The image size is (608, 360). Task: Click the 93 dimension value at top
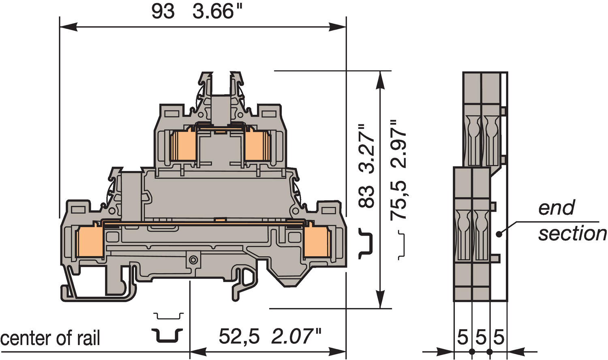coord(163,11)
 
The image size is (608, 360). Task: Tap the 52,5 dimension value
coord(239,336)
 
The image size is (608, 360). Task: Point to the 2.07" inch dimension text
coord(296,336)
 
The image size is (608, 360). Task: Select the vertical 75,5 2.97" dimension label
coord(398,170)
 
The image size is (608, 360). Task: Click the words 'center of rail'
coord(50,338)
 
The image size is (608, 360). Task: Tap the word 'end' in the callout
coord(556,208)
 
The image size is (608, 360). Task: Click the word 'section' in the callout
coord(572,234)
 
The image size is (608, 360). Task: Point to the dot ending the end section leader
coord(499,234)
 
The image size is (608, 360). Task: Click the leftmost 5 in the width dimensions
coord(462,337)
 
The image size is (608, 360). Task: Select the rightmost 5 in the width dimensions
coord(499,337)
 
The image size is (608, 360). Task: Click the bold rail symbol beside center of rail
coord(167,335)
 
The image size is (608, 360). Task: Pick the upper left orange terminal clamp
coord(183,146)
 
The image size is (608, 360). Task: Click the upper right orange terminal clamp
coord(257,146)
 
